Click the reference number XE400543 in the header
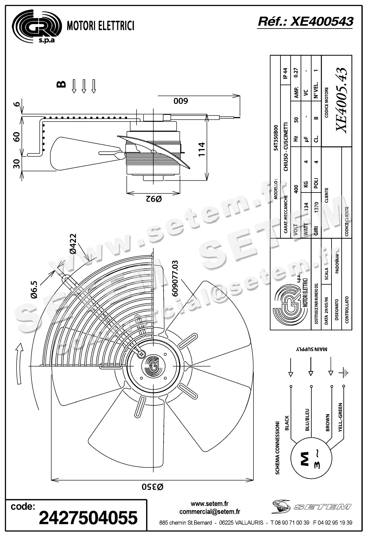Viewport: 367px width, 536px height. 321,22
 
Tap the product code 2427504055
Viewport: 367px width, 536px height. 88,518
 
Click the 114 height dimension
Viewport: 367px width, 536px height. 202,149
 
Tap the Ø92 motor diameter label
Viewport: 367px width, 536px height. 153,199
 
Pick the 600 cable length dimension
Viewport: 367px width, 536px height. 181,101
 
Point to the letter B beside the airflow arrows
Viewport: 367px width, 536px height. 61,84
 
